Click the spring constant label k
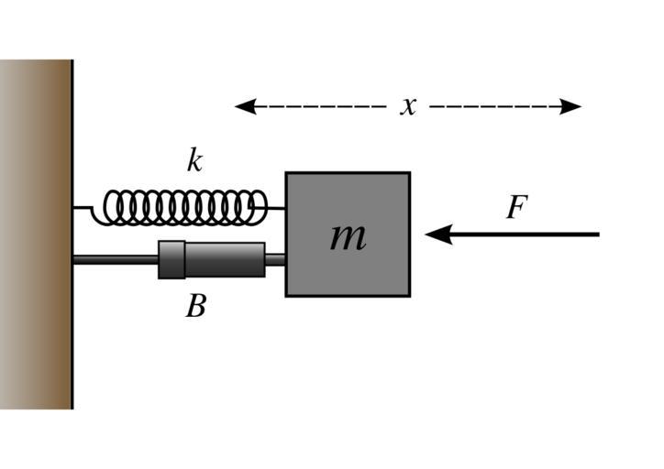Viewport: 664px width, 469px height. tap(194, 161)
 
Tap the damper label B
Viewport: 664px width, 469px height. tap(195, 306)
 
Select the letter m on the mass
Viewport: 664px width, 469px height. tap(348, 236)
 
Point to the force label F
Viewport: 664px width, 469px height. tap(516, 208)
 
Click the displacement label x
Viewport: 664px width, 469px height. tap(408, 106)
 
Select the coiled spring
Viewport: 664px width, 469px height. tap(183, 207)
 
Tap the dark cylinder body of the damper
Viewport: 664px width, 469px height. tap(225, 259)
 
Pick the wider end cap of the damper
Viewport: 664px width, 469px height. tap(171, 259)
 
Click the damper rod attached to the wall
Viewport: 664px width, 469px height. tap(115, 260)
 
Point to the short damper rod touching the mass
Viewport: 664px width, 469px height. tap(275, 260)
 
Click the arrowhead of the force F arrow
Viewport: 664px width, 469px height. tap(437, 234)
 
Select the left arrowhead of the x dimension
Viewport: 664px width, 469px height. tap(243, 106)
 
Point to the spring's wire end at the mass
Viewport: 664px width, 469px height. tap(276, 208)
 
